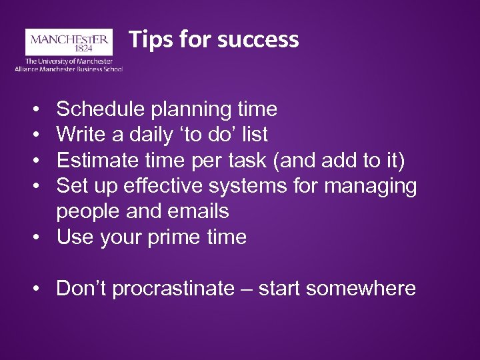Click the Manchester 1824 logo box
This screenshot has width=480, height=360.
pyautogui.click(x=69, y=41)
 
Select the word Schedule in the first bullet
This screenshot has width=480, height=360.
pyautogui.click(x=98, y=109)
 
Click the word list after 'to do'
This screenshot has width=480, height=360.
pyautogui.click(x=255, y=135)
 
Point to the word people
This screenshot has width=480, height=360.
pyautogui.click(x=87, y=211)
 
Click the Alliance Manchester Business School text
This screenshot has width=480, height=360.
pyautogui.click(x=69, y=69)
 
